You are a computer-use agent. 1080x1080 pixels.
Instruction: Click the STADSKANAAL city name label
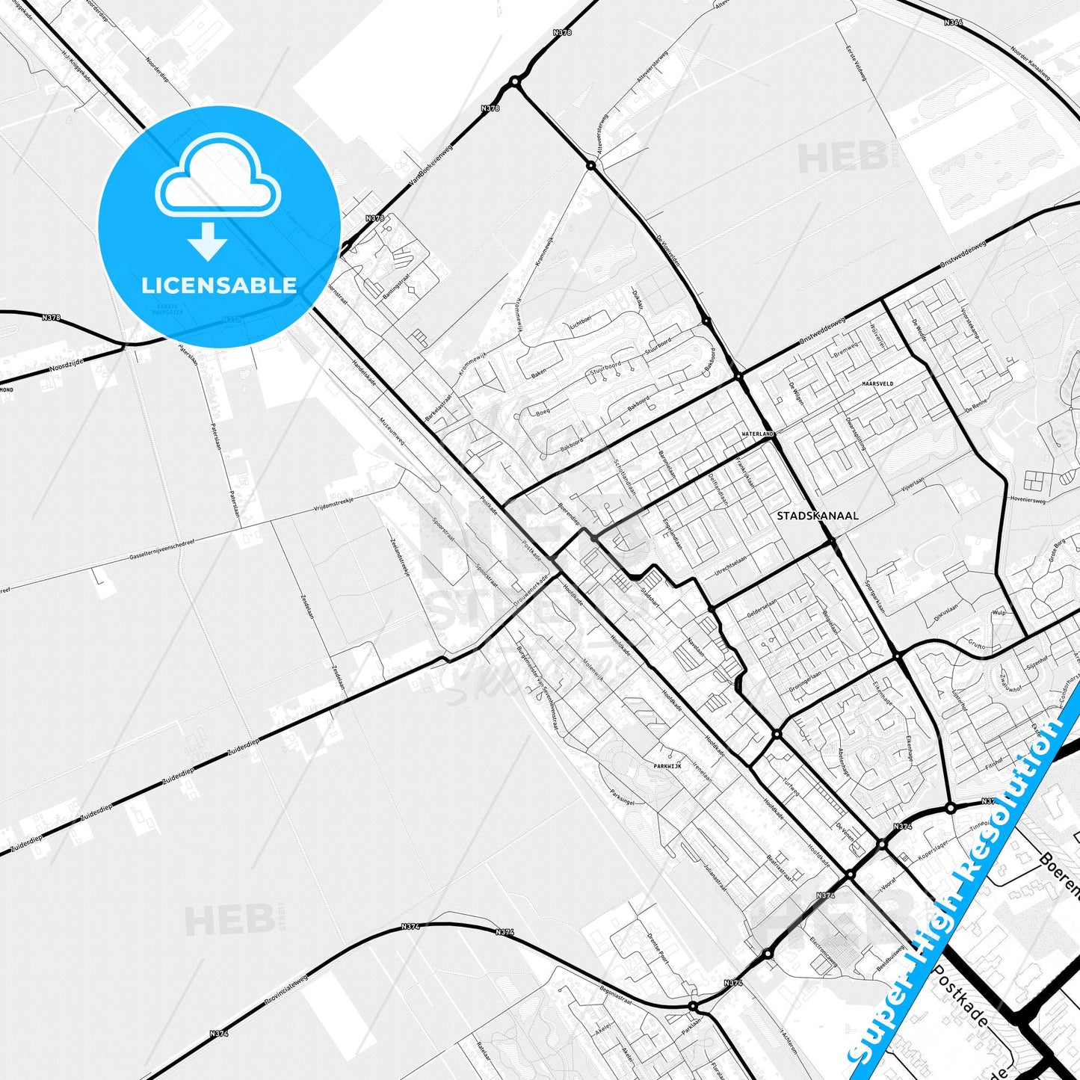coord(817,516)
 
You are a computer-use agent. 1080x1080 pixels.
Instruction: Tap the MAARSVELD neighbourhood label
coord(877,383)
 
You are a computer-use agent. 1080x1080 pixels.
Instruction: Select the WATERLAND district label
coord(758,433)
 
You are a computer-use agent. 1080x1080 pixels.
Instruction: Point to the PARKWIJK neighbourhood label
coord(667,766)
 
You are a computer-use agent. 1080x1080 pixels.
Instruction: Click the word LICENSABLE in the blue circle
coord(219,286)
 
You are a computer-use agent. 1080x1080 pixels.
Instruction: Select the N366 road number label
coord(953,22)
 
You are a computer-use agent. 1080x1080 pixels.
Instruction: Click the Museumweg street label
coord(392,431)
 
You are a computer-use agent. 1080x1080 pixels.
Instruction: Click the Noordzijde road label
coord(68,365)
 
